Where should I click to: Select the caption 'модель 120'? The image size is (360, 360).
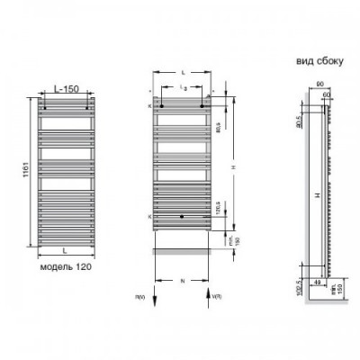(64, 267)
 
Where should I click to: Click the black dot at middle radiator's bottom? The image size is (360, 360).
(183, 217)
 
